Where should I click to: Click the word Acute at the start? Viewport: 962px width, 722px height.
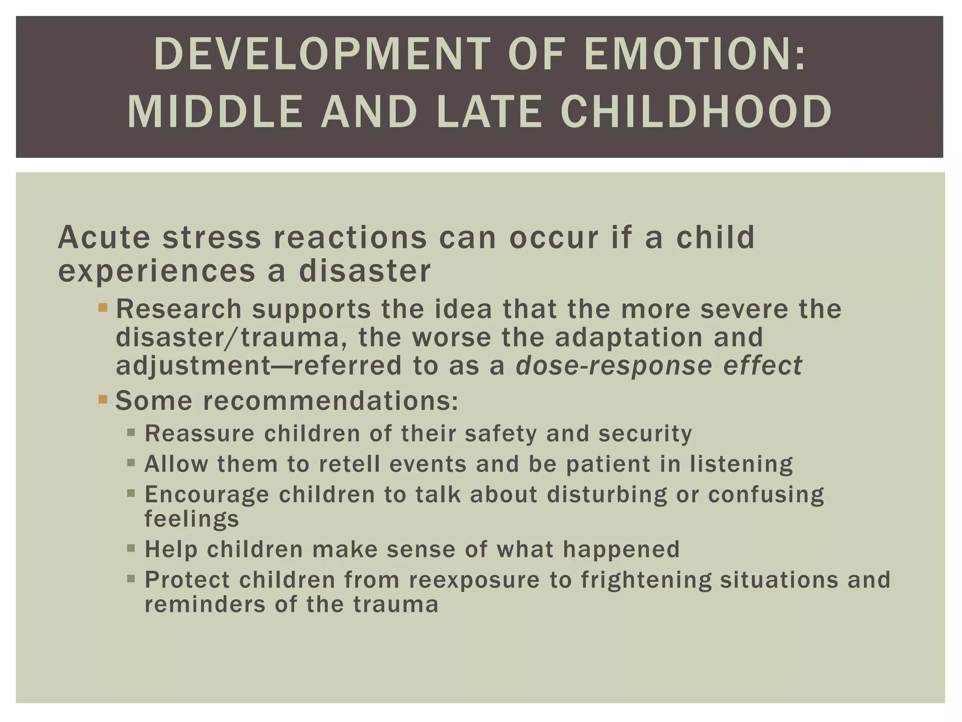point(104,237)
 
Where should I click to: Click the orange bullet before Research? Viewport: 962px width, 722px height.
point(103,309)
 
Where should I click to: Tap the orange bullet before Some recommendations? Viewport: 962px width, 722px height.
point(103,400)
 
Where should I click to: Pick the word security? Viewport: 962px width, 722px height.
point(645,434)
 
